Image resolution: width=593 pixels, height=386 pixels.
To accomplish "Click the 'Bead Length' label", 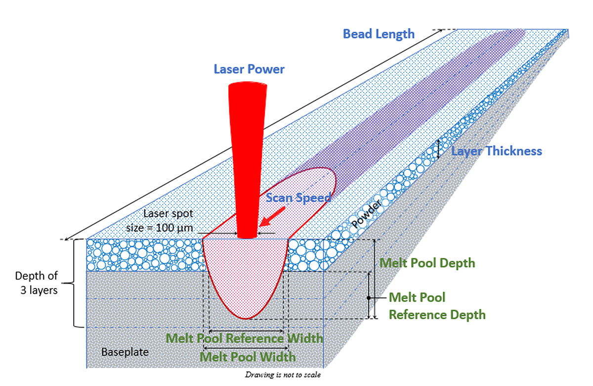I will pyautogui.click(x=379, y=34).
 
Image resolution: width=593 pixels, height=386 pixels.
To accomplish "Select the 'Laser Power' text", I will pyautogui.click(x=249, y=69).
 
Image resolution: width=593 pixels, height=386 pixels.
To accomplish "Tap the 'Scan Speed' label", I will pyautogui.click(x=298, y=197).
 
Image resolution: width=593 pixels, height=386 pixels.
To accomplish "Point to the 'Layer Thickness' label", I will pyautogui.click(x=497, y=151).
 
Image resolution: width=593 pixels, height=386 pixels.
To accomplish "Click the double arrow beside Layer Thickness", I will pyautogui.click(x=438, y=149).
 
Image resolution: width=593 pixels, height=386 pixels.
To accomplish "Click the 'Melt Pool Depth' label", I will pyautogui.click(x=427, y=262).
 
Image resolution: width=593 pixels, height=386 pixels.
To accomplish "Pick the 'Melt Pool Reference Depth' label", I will pyautogui.click(x=437, y=306).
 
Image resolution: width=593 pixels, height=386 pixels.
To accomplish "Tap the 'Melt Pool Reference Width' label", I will pyautogui.click(x=245, y=338).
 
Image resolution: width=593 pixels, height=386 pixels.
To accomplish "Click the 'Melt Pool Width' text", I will pyautogui.click(x=248, y=357).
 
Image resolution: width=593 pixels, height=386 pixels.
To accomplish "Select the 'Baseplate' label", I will pyautogui.click(x=125, y=352).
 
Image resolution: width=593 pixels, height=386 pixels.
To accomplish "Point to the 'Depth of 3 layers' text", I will pyautogui.click(x=37, y=283).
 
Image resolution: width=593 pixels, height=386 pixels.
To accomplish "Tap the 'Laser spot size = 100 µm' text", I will pyautogui.click(x=169, y=221).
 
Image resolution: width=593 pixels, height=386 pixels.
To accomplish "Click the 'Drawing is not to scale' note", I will pyautogui.click(x=283, y=375).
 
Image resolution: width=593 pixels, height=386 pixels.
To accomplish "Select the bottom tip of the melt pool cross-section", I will pyautogui.click(x=247, y=318).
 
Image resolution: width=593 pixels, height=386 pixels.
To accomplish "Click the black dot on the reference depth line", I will pyautogui.click(x=369, y=298).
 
